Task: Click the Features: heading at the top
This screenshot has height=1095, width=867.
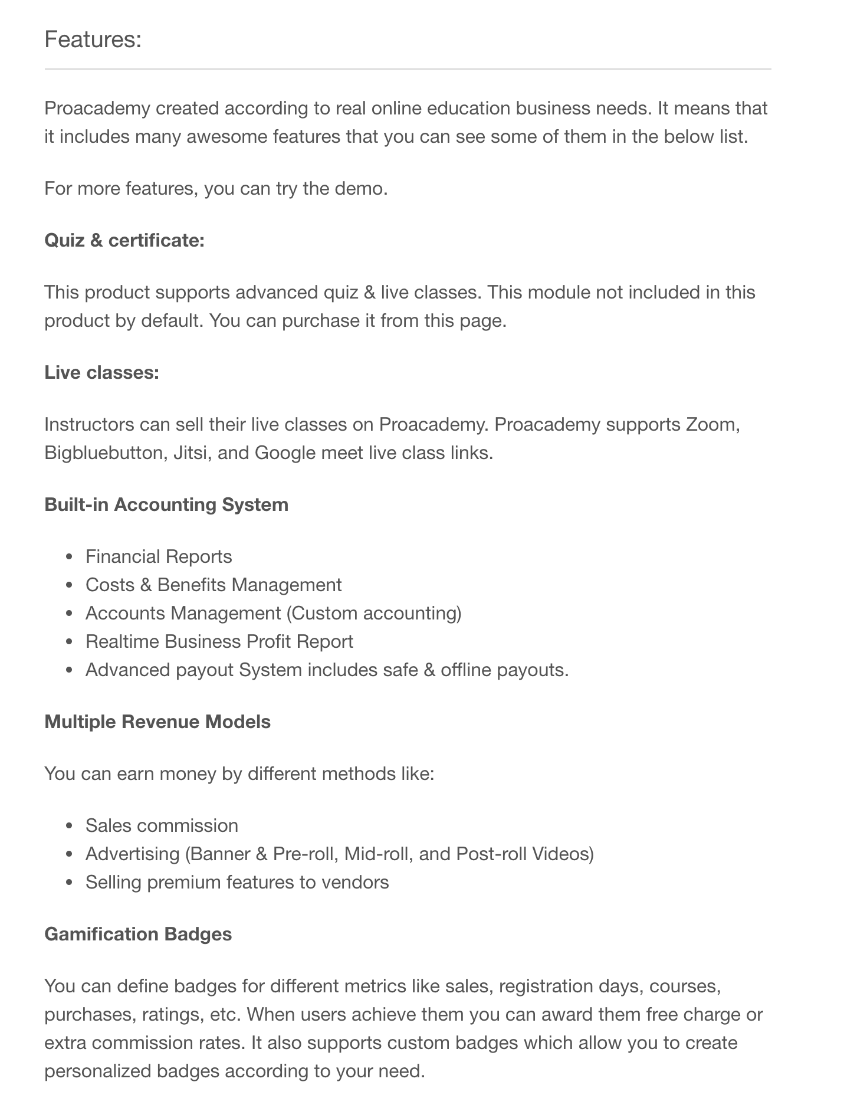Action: (x=93, y=40)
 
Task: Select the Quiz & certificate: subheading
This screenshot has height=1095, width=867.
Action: (x=124, y=241)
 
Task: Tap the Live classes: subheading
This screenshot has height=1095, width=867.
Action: (x=102, y=373)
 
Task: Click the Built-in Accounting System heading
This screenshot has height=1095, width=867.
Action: (x=166, y=505)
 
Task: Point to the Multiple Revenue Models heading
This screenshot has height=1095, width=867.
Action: (x=157, y=722)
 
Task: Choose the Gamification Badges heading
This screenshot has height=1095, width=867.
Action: (x=138, y=935)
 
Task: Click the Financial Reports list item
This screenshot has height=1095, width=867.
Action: (x=159, y=557)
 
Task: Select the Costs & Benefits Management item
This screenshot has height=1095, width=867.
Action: (x=214, y=585)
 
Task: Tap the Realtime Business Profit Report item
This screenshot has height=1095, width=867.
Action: (x=219, y=642)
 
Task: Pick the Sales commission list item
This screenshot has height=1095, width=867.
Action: (x=162, y=826)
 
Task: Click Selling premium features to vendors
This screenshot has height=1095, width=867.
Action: (x=237, y=883)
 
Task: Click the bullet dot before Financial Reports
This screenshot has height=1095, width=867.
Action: (x=70, y=558)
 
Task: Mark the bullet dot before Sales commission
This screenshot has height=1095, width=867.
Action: (x=70, y=827)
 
